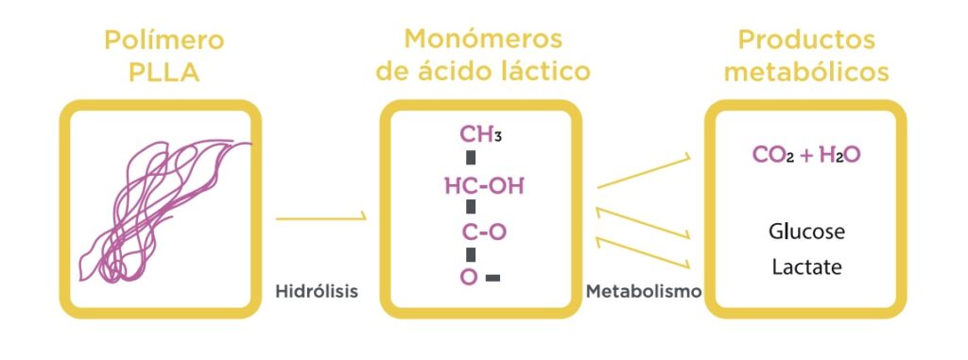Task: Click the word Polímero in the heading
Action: [164, 41]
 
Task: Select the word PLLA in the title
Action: [164, 73]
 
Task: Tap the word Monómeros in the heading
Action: [483, 39]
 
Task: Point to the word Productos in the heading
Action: [807, 40]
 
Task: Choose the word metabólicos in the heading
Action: [807, 72]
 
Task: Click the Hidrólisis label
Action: [317, 291]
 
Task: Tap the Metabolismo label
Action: [644, 291]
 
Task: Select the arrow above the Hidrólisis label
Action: [321, 218]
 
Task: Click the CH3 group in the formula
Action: [480, 134]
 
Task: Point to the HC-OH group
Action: [484, 185]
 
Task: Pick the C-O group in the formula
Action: [485, 232]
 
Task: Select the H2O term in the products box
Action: [839, 155]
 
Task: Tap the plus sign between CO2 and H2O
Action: [806, 156]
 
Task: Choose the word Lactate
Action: [807, 267]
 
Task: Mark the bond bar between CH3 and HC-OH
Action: [471, 158]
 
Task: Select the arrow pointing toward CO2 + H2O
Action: [644, 171]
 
